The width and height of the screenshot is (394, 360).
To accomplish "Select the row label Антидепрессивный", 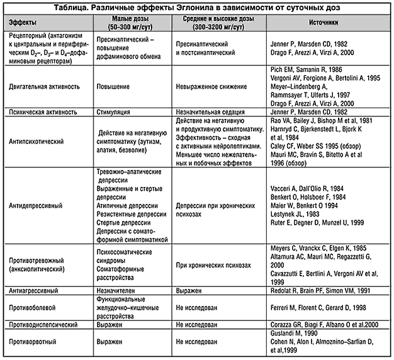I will tap(35, 205).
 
